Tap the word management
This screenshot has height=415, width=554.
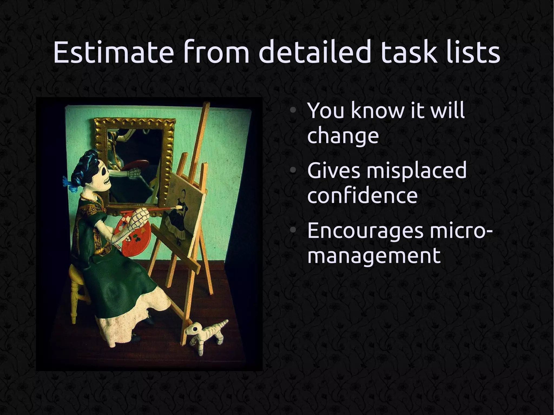coord(374,255)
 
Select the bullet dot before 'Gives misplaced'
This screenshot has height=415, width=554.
coord(292,171)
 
